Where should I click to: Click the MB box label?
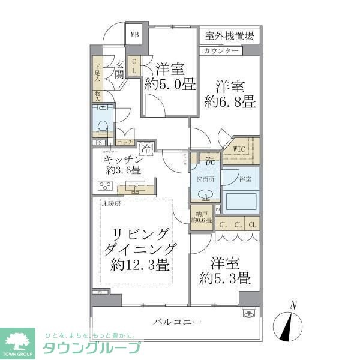pyautogui.click(x=135, y=34)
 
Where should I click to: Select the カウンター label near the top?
pyautogui.click(x=221, y=50)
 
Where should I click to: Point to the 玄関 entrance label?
pyautogui.click(x=119, y=70)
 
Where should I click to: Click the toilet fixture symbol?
pyautogui.click(x=103, y=123)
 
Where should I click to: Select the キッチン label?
pyautogui.click(x=123, y=160)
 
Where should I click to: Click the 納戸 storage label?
pyautogui.click(x=199, y=214)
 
